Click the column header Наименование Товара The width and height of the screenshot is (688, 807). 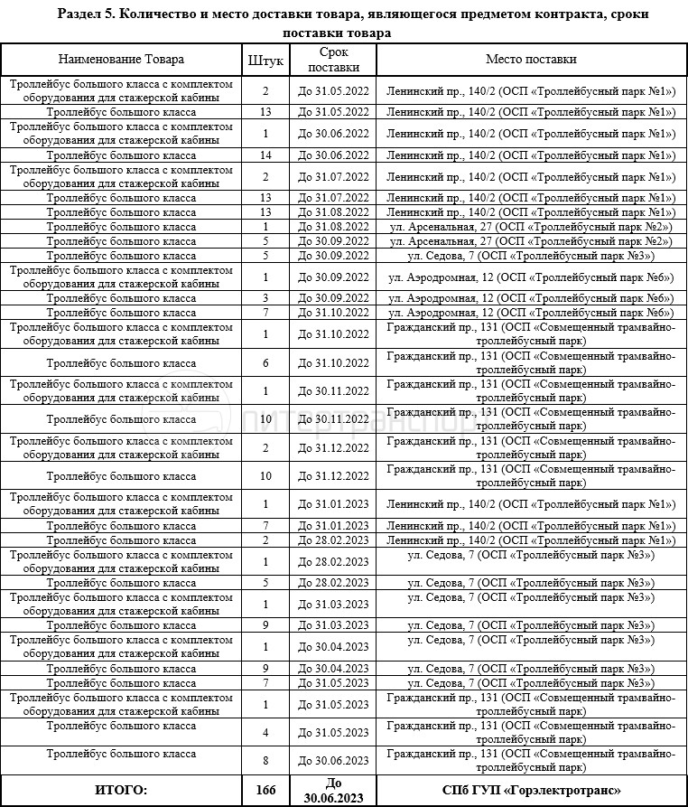[121, 60]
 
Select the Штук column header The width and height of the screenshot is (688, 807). [265, 61]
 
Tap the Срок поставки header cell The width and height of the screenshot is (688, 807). [333, 60]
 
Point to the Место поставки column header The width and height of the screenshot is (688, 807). [531, 60]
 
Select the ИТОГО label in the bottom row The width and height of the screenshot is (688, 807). [121, 790]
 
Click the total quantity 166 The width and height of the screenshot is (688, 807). [265, 790]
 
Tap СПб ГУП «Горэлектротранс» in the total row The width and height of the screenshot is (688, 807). [531, 790]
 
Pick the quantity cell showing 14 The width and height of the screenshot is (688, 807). [265, 155]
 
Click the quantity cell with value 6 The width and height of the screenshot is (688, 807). [265, 363]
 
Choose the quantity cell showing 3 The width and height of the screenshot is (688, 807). [265, 298]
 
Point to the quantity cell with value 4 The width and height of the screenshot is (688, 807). [265, 732]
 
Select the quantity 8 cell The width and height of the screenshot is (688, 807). [265, 760]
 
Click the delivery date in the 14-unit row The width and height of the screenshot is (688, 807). [333, 155]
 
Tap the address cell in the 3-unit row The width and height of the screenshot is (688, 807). [531, 298]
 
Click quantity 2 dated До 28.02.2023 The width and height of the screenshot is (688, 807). [265, 540]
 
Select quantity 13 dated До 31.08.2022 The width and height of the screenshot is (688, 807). [265, 211]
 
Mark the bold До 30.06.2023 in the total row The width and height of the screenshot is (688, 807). [333, 790]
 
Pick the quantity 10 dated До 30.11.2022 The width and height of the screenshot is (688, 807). [265, 419]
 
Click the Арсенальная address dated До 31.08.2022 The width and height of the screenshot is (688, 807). [531, 226]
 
